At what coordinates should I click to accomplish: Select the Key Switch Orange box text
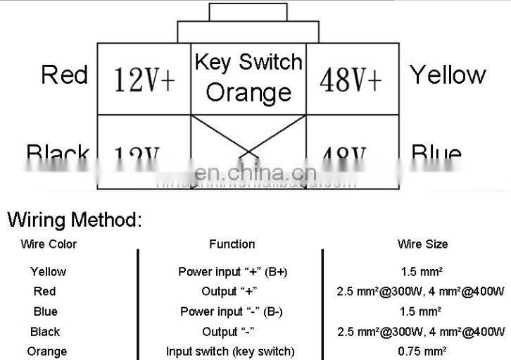coord(248,77)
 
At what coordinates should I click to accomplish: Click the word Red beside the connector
coord(64,75)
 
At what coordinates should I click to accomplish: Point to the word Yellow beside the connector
coord(448,75)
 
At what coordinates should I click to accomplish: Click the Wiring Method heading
coord(75,219)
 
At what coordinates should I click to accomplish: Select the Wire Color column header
coord(49,244)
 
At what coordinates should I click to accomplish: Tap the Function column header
coord(232,244)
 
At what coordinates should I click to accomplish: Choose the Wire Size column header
coord(422,244)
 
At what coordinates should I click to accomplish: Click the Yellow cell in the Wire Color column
coord(48,271)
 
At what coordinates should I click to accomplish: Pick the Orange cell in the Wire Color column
coord(47,351)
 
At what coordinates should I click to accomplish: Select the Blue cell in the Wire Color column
coord(45,311)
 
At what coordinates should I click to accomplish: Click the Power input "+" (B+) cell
coord(232,271)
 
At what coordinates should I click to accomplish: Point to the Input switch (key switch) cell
coord(230,351)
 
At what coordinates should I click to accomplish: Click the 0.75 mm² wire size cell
coord(422,351)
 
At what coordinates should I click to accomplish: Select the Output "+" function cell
coord(229,291)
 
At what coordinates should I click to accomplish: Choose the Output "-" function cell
coord(229,331)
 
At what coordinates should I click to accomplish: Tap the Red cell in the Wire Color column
coord(44,291)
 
